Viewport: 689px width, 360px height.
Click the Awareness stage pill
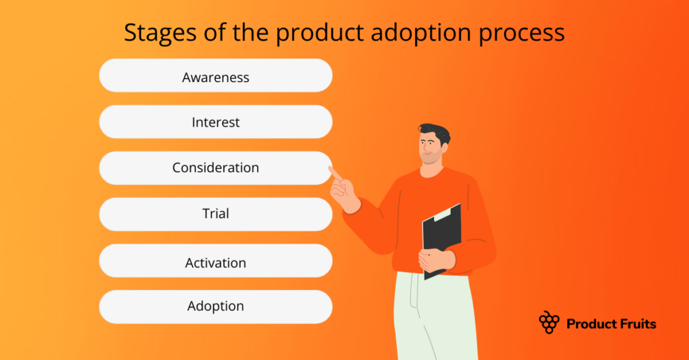pyautogui.click(x=215, y=76)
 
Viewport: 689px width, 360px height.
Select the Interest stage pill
pyautogui.click(x=215, y=122)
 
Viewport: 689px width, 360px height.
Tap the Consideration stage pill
pyautogui.click(x=215, y=168)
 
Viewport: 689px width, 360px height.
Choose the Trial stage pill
pyautogui.click(x=215, y=214)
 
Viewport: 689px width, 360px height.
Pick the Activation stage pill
pyautogui.click(x=215, y=261)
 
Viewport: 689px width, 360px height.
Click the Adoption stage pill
pyautogui.click(x=215, y=307)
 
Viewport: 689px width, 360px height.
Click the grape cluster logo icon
pyautogui.click(x=549, y=322)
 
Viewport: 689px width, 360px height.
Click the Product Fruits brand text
pyautogui.click(x=611, y=324)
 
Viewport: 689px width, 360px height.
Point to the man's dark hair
pyautogui.click(x=434, y=132)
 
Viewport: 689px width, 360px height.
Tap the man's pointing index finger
pyautogui.click(x=334, y=173)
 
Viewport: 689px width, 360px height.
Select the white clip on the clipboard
pyautogui.click(x=443, y=214)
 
